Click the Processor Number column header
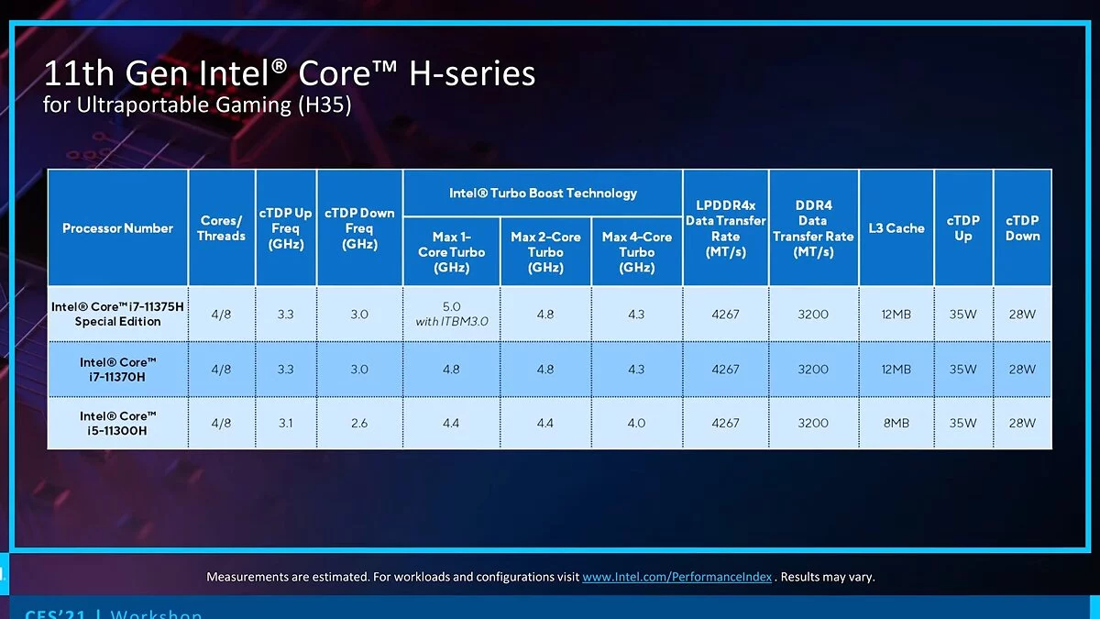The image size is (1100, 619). pos(117,228)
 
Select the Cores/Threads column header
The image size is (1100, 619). pos(221,228)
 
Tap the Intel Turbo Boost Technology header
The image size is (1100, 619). pos(543,193)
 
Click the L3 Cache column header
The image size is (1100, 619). pos(896,228)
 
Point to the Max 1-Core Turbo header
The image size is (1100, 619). pos(451,252)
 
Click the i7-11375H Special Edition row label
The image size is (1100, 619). pos(117,314)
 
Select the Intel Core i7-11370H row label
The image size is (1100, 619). pos(117,369)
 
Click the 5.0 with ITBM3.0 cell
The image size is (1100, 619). pos(451,314)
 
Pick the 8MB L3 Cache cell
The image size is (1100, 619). pos(896,423)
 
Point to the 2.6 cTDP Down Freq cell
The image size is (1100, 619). pos(359,423)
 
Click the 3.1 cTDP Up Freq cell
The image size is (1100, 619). pos(285,423)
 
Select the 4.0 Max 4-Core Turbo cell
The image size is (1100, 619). pos(636,423)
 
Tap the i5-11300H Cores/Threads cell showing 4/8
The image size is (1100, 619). pos(221,423)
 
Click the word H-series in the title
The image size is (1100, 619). pos(472,74)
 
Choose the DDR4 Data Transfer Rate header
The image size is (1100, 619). pos(813,228)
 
